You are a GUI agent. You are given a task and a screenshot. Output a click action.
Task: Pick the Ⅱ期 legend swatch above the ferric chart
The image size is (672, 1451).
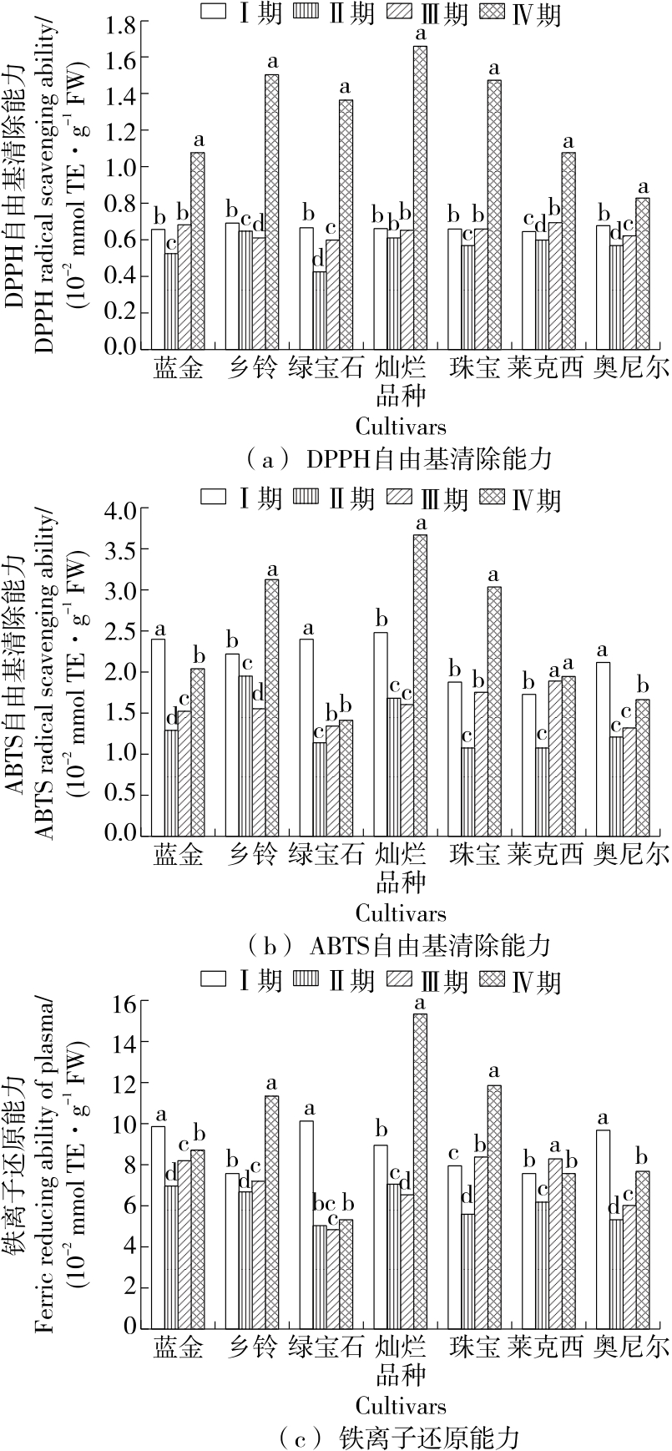(307, 978)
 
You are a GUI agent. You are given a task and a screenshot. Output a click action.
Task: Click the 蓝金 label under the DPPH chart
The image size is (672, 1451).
(178, 368)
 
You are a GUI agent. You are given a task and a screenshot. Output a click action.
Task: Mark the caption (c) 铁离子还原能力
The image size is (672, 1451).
(398, 1436)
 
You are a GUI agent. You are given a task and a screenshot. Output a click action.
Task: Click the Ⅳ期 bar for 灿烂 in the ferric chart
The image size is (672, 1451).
(420, 1169)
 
